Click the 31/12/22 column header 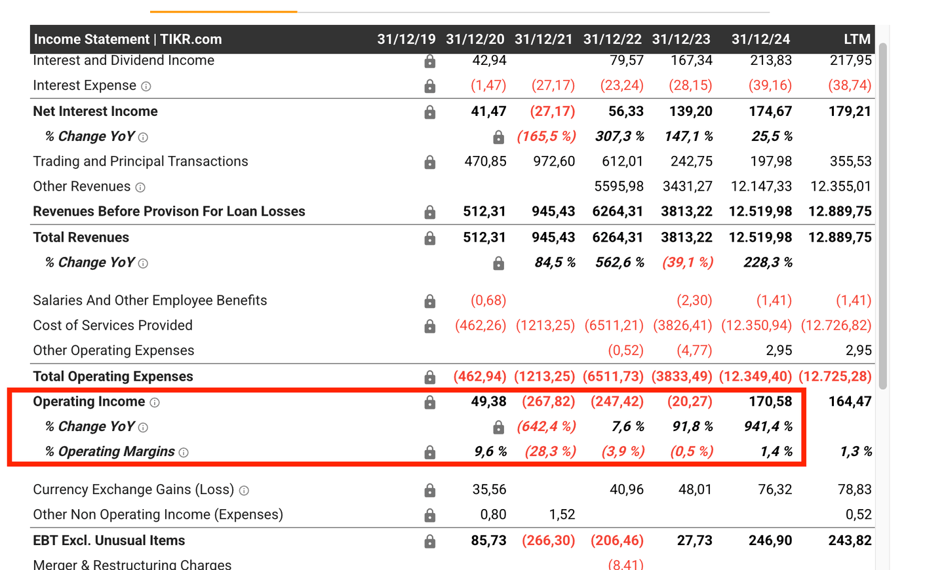click(612, 39)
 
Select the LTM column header click(857, 39)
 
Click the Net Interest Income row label click(95, 111)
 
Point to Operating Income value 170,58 click(770, 402)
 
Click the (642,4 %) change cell click(546, 427)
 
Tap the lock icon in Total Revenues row click(429, 238)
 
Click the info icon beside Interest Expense click(146, 86)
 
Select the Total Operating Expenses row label click(113, 377)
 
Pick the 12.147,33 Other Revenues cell click(761, 187)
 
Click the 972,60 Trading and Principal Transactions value click(554, 162)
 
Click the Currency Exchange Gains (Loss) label click(133, 489)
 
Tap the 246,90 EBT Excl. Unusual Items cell click(770, 541)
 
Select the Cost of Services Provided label click(113, 326)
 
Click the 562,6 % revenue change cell click(619, 263)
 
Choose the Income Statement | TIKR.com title click(128, 39)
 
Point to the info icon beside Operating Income click(155, 402)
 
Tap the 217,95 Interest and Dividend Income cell click(850, 61)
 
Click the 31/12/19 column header click(406, 39)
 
